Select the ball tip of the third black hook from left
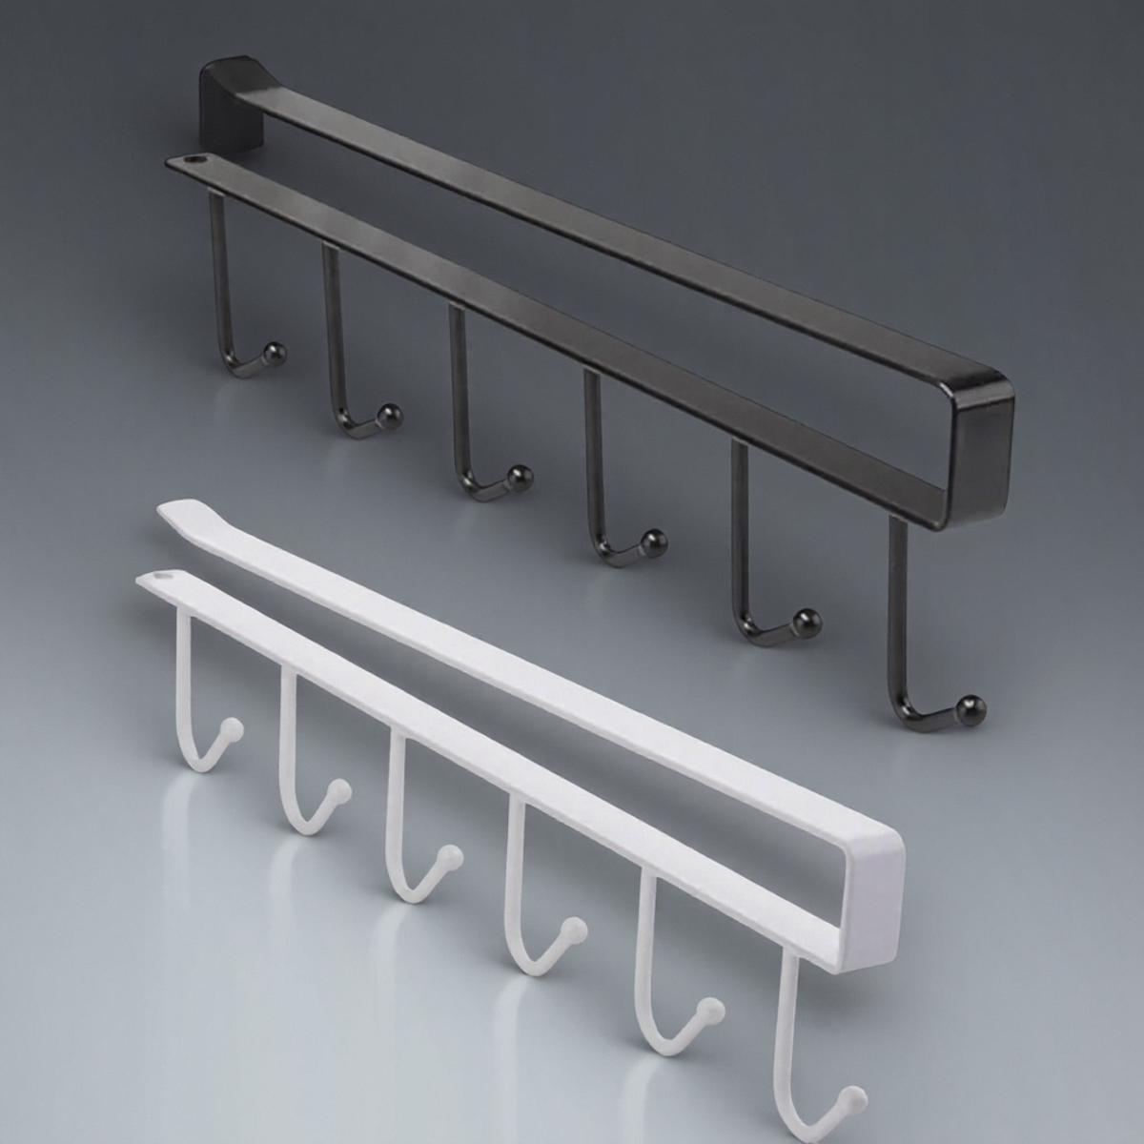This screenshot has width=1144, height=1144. [520, 474]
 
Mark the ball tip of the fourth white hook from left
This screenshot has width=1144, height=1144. [572, 927]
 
